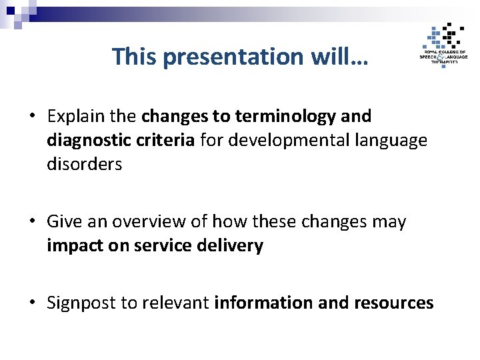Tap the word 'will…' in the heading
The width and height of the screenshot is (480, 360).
[x=338, y=57]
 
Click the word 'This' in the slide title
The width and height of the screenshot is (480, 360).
[x=135, y=57]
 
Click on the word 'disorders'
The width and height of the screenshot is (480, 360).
[x=85, y=165]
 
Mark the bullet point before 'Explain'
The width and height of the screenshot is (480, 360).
[x=32, y=117]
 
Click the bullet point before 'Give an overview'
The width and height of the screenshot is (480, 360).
[x=32, y=222]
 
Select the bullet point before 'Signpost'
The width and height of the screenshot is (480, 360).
[x=32, y=303]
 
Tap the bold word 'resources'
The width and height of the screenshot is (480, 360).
[x=394, y=303]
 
